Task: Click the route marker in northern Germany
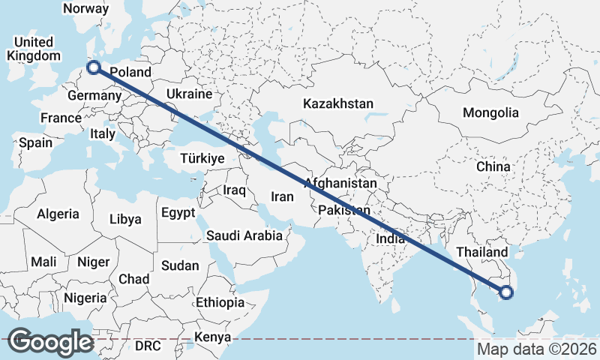point(94,68)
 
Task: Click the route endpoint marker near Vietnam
point(505,292)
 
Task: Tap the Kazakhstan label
point(338,103)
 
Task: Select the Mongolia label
point(491,112)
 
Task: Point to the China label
point(493,166)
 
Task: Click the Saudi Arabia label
point(244,235)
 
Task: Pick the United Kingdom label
point(34,49)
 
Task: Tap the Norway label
point(86,9)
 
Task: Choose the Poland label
point(130,73)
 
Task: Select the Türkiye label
point(202,158)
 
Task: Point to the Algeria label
point(58,214)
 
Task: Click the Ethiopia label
point(220,302)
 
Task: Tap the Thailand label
point(481,252)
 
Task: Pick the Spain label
point(36,142)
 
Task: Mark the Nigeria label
point(85,298)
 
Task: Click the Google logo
point(50,342)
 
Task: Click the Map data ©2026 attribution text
point(537,349)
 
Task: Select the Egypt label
point(178,213)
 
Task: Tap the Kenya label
point(213,336)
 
